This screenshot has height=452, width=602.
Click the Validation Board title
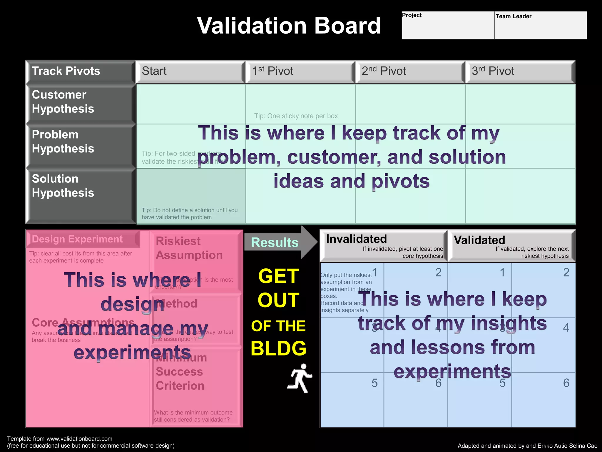[x=289, y=26]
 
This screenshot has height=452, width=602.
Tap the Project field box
[x=448, y=25]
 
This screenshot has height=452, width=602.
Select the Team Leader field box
[x=540, y=25]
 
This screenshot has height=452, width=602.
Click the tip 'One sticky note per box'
[x=296, y=116]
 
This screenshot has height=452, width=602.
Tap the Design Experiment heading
[x=77, y=239]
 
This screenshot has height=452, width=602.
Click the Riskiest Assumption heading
[x=189, y=248]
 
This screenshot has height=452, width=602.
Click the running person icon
[x=300, y=378]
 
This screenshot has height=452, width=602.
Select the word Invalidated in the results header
[x=356, y=239]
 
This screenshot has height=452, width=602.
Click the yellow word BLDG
[x=278, y=348]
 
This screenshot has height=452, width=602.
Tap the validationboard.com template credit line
[x=60, y=439]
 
